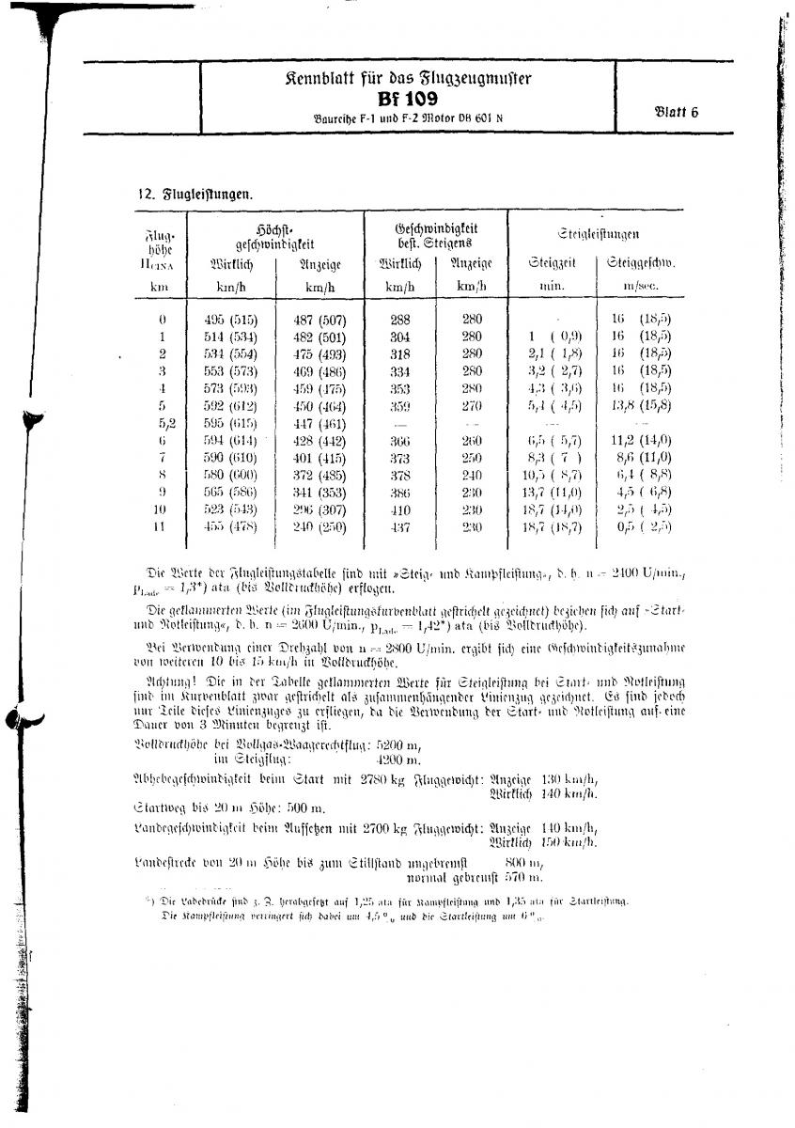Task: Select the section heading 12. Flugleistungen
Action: point(195,195)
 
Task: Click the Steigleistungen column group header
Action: point(599,233)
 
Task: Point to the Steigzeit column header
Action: point(551,263)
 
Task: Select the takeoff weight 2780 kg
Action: point(378,778)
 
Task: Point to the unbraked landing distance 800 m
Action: point(523,863)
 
